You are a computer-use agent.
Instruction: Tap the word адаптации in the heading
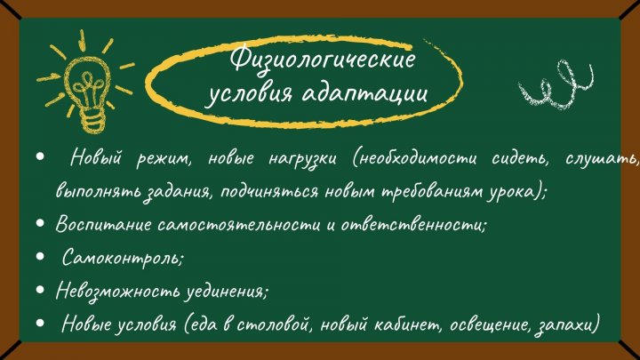click(x=364, y=93)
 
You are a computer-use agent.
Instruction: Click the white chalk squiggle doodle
click(x=556, y=84)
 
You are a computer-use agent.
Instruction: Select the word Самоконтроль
click(x=122, y=258)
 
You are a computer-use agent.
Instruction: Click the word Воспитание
click(x=103, y=225)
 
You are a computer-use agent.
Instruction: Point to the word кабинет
click(x=408, y=325)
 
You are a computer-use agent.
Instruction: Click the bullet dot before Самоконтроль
click(x=40, y=256)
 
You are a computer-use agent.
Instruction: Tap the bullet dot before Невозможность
click(x=40, y=290)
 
